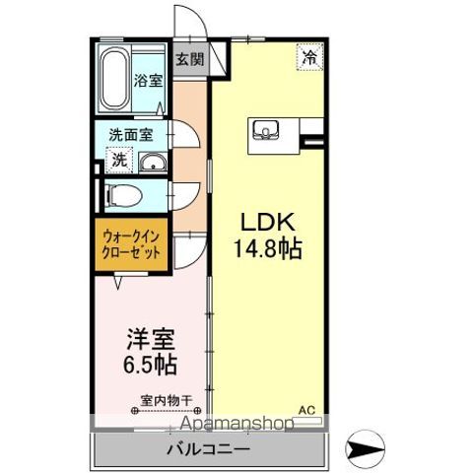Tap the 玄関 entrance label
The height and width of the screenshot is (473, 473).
pyautogui.click(x=190, y=58)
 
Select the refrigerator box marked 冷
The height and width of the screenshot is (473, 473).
pyautogui.click(x=309, y=58)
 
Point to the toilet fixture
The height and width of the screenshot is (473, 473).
pyautogui.click(x=120, y=193)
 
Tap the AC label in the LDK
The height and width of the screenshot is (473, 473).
pyautogui.click(x=305, y=409)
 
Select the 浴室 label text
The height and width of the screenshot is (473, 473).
pyautogui.click(x=148, y=81)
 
